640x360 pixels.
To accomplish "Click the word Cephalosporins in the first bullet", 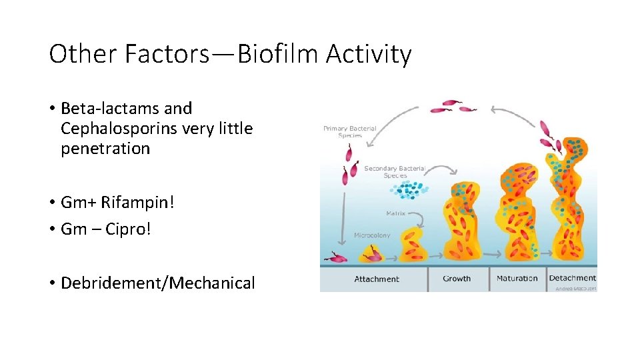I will (119, 128).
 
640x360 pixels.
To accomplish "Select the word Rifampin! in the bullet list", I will (138, 202).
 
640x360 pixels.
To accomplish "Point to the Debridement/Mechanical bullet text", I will (157, 283).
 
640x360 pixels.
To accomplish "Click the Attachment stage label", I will (377, 279).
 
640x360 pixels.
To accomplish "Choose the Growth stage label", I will (457, 279).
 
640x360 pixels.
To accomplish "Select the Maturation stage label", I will (517, 279).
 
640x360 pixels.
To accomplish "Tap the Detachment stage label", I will (572, 278).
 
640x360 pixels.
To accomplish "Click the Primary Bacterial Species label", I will (350, 132).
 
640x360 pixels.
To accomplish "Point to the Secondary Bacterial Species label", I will (395, 172).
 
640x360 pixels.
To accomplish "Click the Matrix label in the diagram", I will (396, 214).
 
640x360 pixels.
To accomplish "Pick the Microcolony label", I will (372, 235).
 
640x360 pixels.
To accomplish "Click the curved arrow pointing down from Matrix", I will (418, 220).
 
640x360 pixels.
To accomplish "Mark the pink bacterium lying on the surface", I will (335, 258).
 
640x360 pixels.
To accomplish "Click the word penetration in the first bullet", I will (105, 148).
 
